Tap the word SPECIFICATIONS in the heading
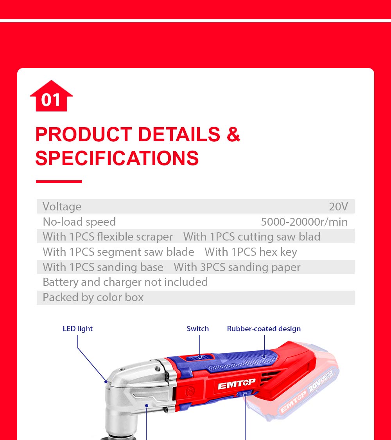[117, 158]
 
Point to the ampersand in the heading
[233, 135]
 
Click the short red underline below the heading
[59, 181]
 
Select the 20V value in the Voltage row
[338, 207]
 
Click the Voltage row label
[62, 207]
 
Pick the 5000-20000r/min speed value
[304, 222]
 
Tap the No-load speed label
[79, 222]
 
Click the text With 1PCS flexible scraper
[108, 237]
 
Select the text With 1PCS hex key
[251, 252]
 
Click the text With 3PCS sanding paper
[237, 267]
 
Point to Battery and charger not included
[125, 282]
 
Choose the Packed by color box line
[93, 297]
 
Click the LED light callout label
[78, 329]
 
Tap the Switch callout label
[198, 329]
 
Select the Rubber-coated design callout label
[264, 329]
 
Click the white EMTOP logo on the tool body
[237, 384]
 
